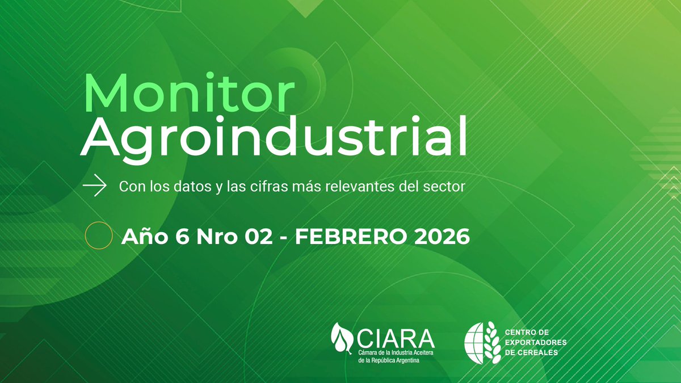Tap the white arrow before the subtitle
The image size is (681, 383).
[x=95, y=186]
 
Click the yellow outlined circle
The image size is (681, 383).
[x=98, y=236]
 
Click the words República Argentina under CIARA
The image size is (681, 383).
[x=399, y=361]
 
